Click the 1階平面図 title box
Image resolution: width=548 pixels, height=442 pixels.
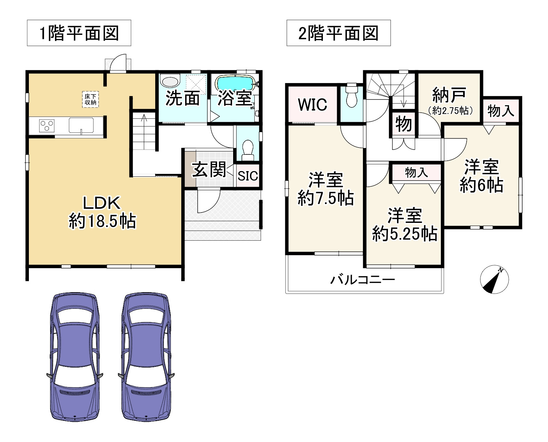point(79,33)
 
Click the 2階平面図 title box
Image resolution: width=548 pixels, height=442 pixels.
point(338,33)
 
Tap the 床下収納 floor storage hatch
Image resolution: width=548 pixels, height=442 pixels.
point(90,99)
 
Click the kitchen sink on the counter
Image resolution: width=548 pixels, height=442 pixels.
point(81,125)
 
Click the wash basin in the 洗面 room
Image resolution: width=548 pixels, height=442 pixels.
point(169,81)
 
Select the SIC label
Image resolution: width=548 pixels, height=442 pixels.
point(248,176)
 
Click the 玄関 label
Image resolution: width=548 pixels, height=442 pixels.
point(209,170)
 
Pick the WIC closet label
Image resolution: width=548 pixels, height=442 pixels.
point(312,104)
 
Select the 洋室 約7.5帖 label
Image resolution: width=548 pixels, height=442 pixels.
point(326,189)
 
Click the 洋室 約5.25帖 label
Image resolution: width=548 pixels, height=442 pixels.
point(405,225)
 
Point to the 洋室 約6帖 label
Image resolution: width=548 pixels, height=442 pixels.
point(481,176)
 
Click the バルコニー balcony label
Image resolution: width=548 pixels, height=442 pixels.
point(362,280)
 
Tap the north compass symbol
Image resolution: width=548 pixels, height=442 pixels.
point(494,279)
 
